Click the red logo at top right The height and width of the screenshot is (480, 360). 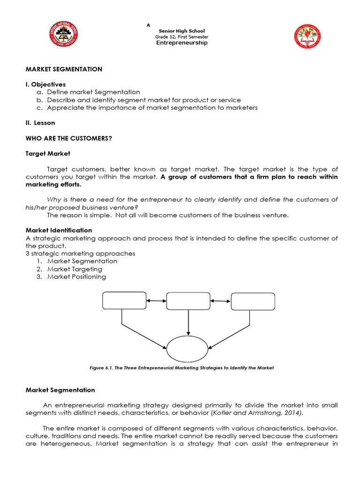[x=307, y=37]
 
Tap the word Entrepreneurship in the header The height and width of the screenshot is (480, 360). [x=181, y=43]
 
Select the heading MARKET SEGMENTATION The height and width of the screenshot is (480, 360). [x=64, y=69]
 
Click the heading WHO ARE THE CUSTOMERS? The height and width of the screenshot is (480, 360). [x=69, y=138]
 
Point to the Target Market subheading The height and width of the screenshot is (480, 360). [x=48, y=153]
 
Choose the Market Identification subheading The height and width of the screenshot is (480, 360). [x=59, y=230]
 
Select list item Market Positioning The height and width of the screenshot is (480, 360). [x=76, y=277]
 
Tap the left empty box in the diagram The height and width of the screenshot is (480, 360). [x=122, y=300]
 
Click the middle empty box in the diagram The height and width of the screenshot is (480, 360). [x=188, y=300]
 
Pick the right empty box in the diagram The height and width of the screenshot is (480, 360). [x=253, y=301]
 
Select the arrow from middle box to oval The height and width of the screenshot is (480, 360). [x=188, y=323]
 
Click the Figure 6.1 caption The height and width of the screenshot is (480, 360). [x=181, y=368]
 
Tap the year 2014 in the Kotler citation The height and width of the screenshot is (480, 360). [x=294, y=412]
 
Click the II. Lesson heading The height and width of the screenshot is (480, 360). [x=40, y=123]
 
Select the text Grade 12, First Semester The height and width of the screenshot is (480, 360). [x=181, y=37]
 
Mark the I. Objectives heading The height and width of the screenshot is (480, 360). [x=45, y=84]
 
